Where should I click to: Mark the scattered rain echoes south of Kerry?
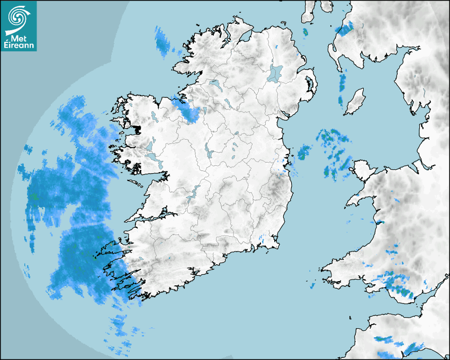(x=122, y=331)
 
